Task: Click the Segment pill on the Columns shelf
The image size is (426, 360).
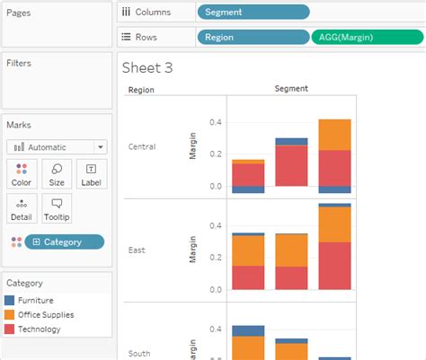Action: (x=253, y=12)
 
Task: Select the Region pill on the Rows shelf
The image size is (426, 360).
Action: (x=253, y=38)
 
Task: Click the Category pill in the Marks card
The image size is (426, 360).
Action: (x=63, y=241)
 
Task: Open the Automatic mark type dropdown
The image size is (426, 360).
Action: (x=57, y=146)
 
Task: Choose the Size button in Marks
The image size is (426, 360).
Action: (x=57, y=173)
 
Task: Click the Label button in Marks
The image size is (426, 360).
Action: (x=91, y=173)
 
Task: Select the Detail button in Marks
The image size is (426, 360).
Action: (x=22, y=208)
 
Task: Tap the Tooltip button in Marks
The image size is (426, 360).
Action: (x=57, y=208)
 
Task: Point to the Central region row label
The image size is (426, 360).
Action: (x=142, y=146)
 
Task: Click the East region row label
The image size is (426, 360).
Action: (x=136, y=250)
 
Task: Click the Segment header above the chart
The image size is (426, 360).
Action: (x=291, y=89)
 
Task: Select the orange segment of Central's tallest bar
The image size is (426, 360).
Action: (x=334, y=135)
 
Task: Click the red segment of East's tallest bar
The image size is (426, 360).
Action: (x=334, y=265)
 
